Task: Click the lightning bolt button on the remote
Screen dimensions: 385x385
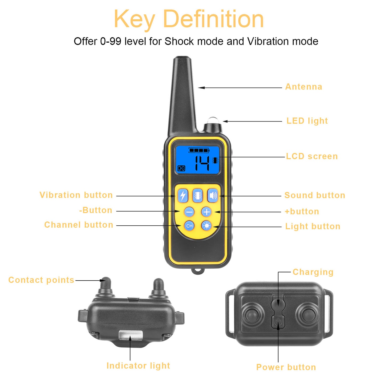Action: click(183, 196)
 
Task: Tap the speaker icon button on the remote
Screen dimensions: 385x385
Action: click(213, 196)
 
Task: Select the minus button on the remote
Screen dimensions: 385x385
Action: click(189, 212)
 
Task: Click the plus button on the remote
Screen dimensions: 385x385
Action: click(206, 212)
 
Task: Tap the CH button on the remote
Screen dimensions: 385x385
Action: click(189, 226)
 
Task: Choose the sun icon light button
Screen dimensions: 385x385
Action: click(206, 226)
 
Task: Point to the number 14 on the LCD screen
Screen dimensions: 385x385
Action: click(202, 163)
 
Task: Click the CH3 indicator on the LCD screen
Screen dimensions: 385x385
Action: click(181, 168)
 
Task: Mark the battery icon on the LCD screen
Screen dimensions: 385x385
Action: click(199, 151)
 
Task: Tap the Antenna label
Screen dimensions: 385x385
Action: click(304, 87)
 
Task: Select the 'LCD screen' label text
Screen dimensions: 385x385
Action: click(312, 156)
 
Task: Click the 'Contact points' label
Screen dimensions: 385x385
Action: click(41, 280)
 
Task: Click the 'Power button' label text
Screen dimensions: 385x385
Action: click(286, 367)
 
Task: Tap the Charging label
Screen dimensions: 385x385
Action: click(313, 272)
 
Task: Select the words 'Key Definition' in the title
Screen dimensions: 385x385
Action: click(189, 19)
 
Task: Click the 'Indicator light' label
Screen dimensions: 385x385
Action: click(138, 366)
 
